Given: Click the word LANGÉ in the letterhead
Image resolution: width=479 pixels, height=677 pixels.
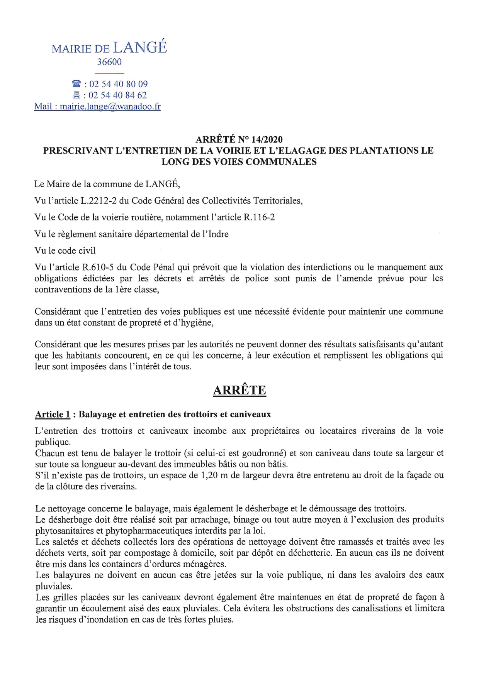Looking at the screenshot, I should click(x=140, y=47).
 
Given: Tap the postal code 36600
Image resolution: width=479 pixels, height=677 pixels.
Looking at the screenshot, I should click(x=109, y=62).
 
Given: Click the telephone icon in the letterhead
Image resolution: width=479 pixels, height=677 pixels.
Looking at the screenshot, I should click(x=76, y=84).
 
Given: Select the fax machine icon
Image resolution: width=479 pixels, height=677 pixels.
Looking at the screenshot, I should click(x=76, y=95).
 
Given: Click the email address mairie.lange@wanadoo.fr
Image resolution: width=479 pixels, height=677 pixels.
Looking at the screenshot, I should click(x=110, y=107).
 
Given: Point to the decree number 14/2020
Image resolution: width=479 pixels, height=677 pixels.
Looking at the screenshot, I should click(x=267, y=139).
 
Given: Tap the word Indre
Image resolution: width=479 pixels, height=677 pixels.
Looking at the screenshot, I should click(x=217, y=234).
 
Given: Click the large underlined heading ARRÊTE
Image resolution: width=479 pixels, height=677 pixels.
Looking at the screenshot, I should click(x=239, y=390).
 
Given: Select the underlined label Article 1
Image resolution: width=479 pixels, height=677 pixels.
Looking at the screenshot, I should click(x=53, y=415).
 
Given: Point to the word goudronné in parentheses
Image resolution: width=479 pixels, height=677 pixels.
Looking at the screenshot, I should click(x=266, y=453).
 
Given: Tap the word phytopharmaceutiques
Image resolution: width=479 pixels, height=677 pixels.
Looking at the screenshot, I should click(x=152, y=531).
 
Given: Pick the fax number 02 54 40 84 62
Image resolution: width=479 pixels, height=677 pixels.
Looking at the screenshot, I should click(x=118, y=95).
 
